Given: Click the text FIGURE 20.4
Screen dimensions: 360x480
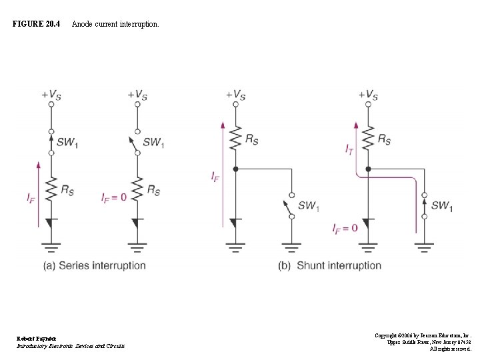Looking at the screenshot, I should click(x=36, y=24).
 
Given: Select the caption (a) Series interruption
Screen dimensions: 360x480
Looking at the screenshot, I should click(x=95, y=265).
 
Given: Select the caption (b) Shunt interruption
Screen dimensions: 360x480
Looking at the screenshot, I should click(x=330, y=265).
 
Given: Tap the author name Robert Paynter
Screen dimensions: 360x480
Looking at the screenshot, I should click(x=37, y=339).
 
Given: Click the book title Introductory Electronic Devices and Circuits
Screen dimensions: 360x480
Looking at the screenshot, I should click(x=71, y=346).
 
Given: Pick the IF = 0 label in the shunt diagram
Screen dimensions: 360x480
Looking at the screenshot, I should click(x=345, y=228).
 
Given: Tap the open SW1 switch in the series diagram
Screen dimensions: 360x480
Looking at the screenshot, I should click(x=137, y=142).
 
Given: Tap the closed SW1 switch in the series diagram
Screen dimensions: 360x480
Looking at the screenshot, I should click(x=51, y=142).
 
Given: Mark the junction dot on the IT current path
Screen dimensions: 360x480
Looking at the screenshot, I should click(x=368, y=169).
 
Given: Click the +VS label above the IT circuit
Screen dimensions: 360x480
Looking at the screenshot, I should click(x=368, y=95).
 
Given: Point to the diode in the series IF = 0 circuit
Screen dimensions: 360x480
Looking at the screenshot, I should click(x=137, y=222).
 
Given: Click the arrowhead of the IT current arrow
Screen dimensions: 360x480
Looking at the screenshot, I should click(x=357, y=124).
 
